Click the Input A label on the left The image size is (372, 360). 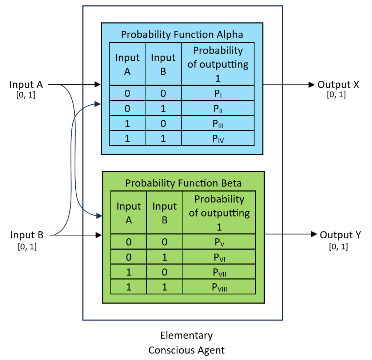[26, 85]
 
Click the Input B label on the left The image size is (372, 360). [27, 235]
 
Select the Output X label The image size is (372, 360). [338, 85]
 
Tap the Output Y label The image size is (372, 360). [340, 235]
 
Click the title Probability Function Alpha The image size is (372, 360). [182, 35]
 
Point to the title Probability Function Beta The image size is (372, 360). [183, 183]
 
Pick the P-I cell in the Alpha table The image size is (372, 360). [217, 94]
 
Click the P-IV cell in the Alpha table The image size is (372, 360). [217, 139]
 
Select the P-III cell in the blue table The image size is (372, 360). [217, 124]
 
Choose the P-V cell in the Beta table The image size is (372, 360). [219, 242]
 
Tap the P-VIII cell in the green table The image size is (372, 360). [219, 287]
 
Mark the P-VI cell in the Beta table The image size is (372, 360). [219, 257]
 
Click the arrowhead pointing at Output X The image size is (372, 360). [311, 85]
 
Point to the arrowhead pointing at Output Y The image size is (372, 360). [313, 235]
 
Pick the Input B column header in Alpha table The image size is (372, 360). [163, 64]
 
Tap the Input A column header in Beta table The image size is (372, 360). [129, 213]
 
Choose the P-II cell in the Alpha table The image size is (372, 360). [217, 109]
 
